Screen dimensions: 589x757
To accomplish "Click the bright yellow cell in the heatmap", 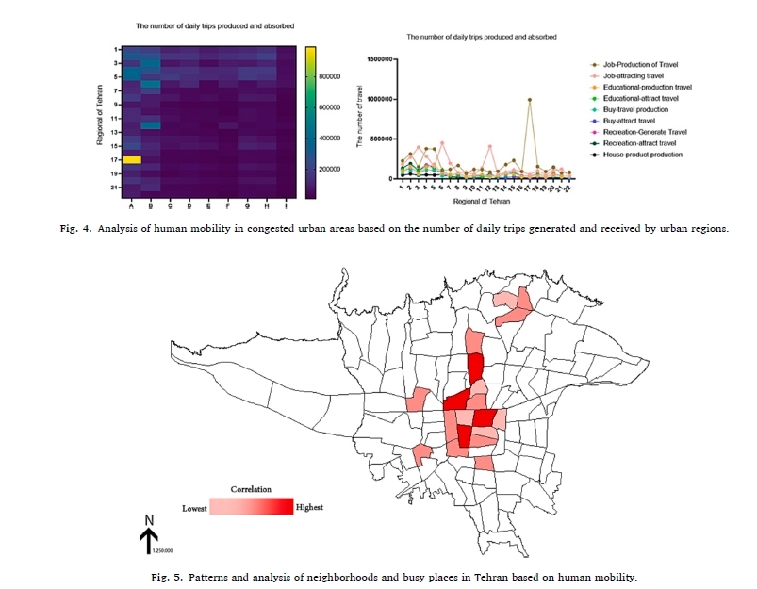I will click(x=131, y=160).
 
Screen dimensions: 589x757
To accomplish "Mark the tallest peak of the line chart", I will click(x=530, y=99).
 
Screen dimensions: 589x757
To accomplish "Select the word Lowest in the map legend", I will click(x=194, y=508).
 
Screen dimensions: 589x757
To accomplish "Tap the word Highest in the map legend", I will click(x=309, y=507).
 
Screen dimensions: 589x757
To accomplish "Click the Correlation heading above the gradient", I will click(x=251, y=490).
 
